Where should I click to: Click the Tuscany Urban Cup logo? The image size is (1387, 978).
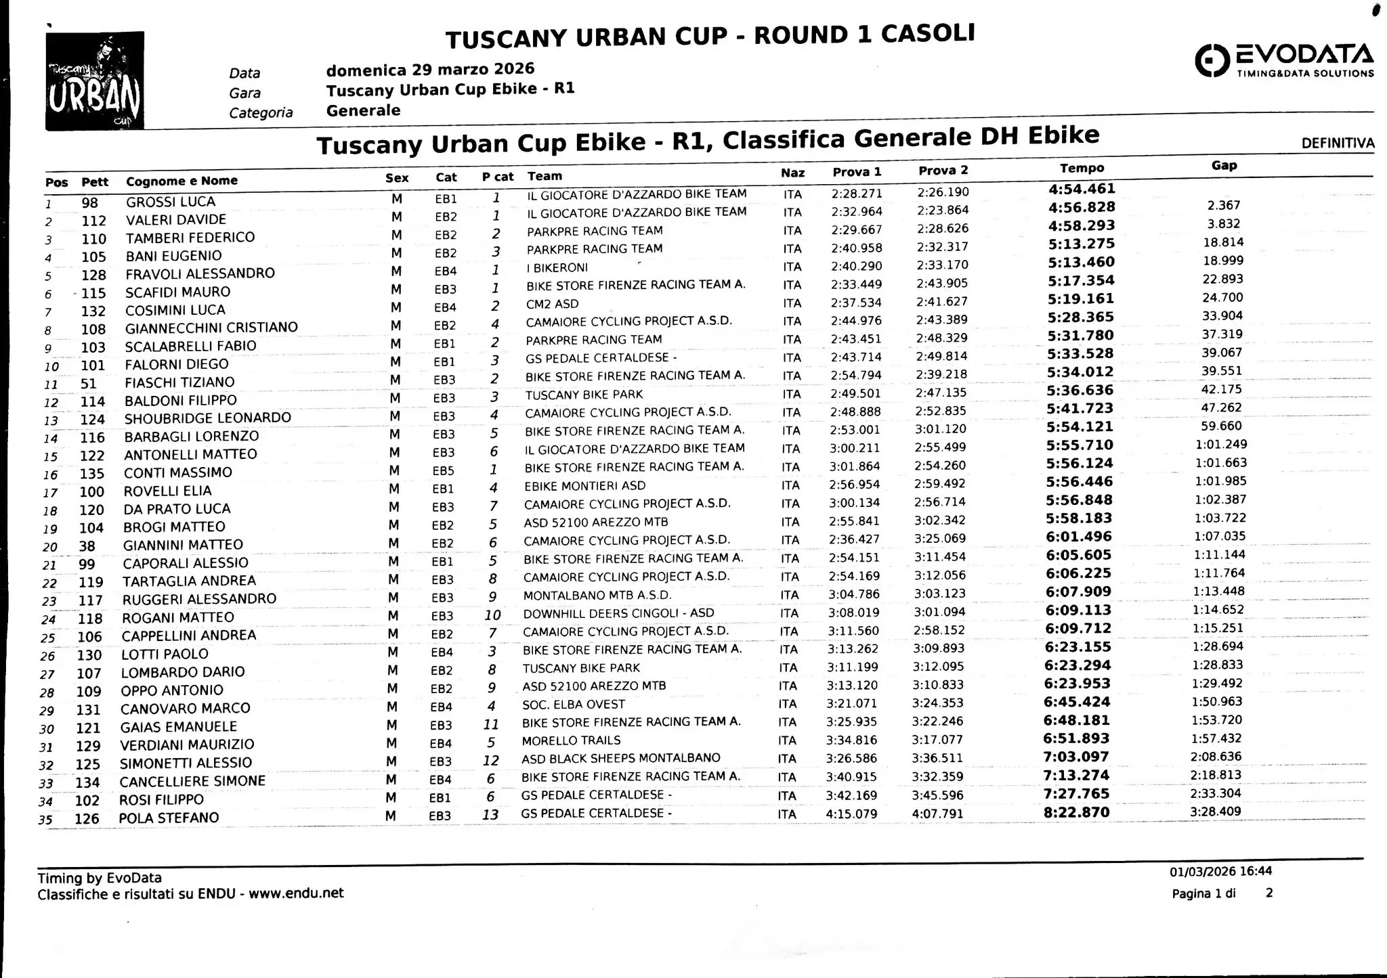(x=94, y=81)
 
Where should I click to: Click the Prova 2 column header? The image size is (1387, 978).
(x=943, y=171)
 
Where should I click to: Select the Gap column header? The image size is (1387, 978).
(x=1224, y=165)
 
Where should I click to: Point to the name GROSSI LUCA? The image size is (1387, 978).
(x=170, y=202)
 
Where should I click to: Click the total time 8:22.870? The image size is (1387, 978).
(x=1076, y=812)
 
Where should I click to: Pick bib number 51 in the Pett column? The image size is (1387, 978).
(x=88, y=384)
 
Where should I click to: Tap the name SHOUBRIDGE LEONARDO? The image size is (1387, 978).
(x=207, y=418)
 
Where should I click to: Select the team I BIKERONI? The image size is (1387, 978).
(x=557, y=267)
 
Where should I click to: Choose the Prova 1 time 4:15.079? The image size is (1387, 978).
(x=851, y=814)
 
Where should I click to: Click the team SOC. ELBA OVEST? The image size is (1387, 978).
(x=573, y=704)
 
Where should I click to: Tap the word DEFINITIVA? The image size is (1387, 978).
(x=1338, y=143)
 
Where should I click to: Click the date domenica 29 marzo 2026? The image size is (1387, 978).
(x=430, y=69)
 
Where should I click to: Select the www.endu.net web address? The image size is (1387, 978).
(x=296, y=893)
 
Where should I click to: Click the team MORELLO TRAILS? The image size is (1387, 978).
(x=571, y=740)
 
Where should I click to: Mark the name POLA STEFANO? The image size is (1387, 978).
(x=169, y=818)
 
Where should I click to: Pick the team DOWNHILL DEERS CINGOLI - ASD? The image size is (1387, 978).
(x=618, y=613)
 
